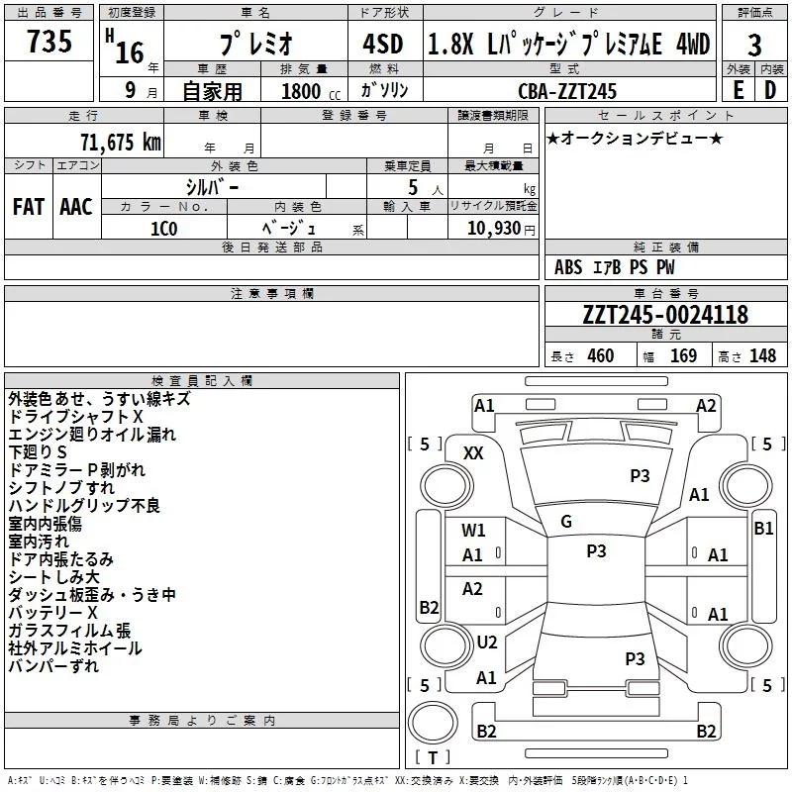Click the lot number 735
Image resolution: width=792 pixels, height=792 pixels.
coord(49,44)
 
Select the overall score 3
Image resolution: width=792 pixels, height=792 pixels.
coord(754,45)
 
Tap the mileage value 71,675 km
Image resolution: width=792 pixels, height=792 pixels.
coord(119,142)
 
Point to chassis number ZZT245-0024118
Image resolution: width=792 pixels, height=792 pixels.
coord(665,316)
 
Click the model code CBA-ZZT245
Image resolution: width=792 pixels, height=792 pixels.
coord(567,91)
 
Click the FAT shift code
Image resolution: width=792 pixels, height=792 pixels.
coord(28,207)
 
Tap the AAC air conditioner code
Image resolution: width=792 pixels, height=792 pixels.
coord(76,207)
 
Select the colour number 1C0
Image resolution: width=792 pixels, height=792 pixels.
coord(163,228)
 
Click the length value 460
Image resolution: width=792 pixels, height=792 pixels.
coord(600,356)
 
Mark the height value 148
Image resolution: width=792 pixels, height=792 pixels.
coord(762,356)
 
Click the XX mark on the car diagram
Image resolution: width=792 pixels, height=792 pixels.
coord(474,452)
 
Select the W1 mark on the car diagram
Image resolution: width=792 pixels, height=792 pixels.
coord(473,530)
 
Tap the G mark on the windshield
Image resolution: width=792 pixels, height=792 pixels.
coord(566,521)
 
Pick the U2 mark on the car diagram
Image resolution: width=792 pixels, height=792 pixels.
coord(486,643)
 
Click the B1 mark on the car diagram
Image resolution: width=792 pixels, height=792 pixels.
coord(763,528)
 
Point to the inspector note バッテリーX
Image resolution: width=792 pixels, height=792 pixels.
coord(52,613)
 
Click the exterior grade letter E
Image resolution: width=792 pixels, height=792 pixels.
coord(738,90)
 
